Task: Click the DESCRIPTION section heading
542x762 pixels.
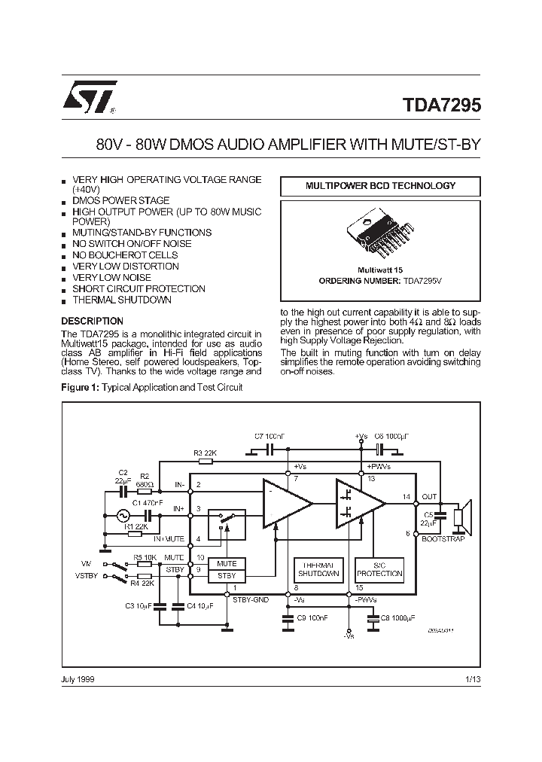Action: [x=91, y=321]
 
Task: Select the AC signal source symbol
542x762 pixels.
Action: [x=122, y=516]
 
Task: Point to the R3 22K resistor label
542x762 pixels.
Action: [x=205, y=453]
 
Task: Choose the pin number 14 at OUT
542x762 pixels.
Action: [x=406, y=497]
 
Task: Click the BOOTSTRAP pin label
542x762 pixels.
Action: [x=443, y=539]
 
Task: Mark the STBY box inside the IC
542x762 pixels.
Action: [x=227, y=575]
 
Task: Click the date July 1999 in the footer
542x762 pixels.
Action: [x=78, y=679]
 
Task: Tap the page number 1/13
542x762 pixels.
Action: [x=472, y=679]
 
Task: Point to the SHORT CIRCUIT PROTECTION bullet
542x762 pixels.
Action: [x=139, y=288]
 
